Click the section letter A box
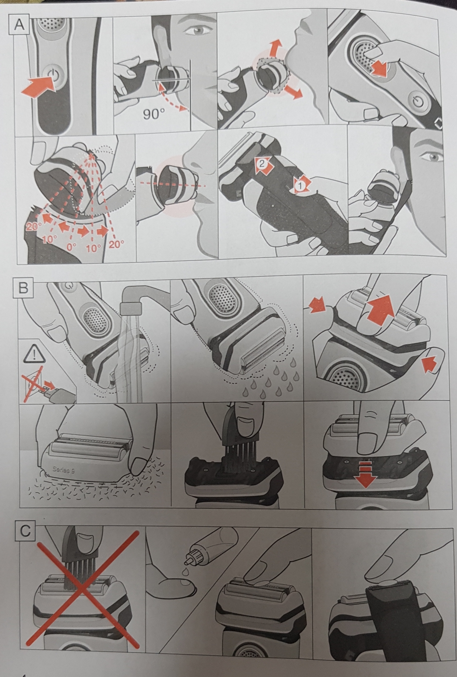20,25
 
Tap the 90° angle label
154,114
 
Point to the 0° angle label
72,246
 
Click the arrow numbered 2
263,165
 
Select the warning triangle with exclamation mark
34,354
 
